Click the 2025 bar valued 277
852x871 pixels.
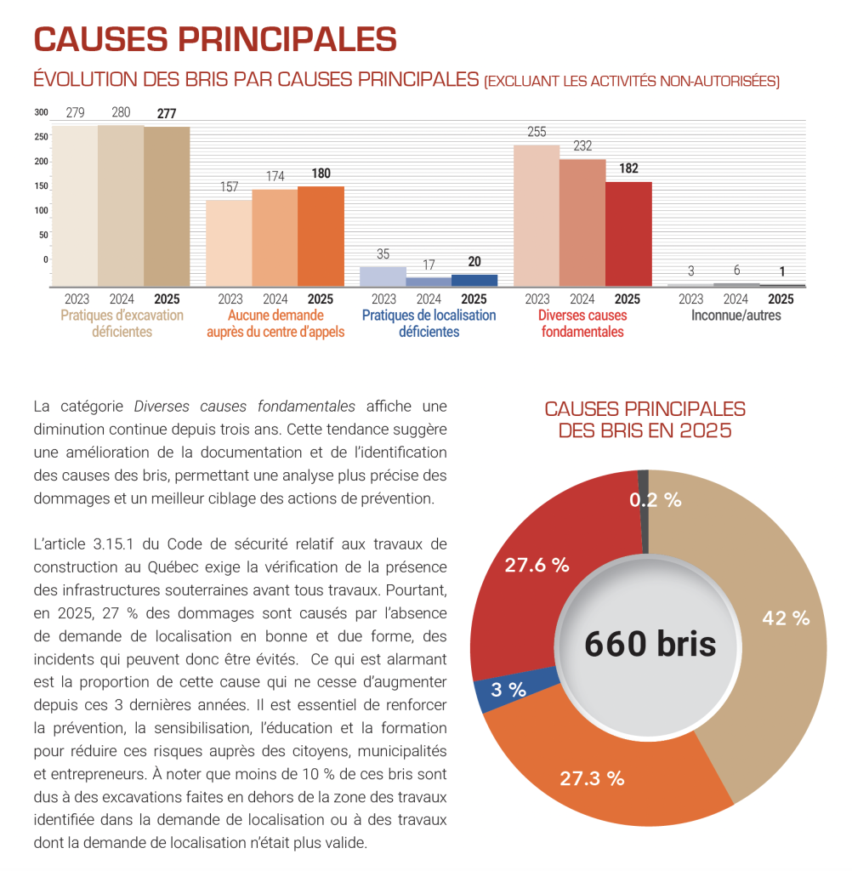167,207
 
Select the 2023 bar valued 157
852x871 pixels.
229,243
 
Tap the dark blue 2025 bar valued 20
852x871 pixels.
474,281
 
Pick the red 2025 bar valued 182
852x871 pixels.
628,234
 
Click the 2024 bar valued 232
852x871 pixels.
582,223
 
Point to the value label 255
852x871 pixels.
537,132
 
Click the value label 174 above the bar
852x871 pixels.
275,176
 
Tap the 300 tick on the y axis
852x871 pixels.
41,112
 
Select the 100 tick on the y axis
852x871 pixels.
41,210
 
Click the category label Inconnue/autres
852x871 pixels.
736,316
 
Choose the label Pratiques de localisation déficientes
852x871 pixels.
429,323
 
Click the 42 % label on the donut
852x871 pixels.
786,618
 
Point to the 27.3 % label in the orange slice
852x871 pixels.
592,778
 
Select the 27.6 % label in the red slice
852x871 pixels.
537,565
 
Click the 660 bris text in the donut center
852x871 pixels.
650,644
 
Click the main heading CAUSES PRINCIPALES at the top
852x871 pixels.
215,39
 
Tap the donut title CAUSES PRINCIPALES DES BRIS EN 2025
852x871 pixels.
645,419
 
